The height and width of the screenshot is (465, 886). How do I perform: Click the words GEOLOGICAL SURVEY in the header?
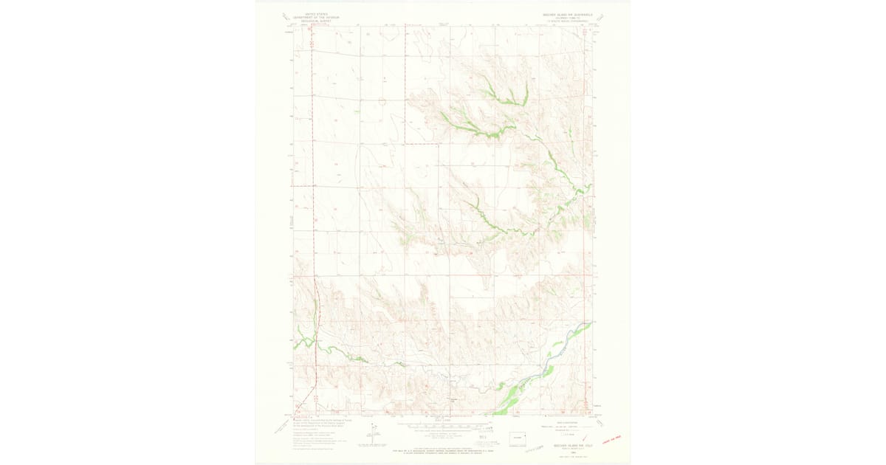(x=309, y=21)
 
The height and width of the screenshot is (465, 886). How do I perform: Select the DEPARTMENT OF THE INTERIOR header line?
(x=309, y=18)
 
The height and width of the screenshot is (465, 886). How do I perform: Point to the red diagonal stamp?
(x=611, y=441)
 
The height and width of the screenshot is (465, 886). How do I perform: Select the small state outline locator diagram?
(x=520, y=438)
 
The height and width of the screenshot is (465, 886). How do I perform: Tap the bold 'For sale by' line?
(x=443, y=445)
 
